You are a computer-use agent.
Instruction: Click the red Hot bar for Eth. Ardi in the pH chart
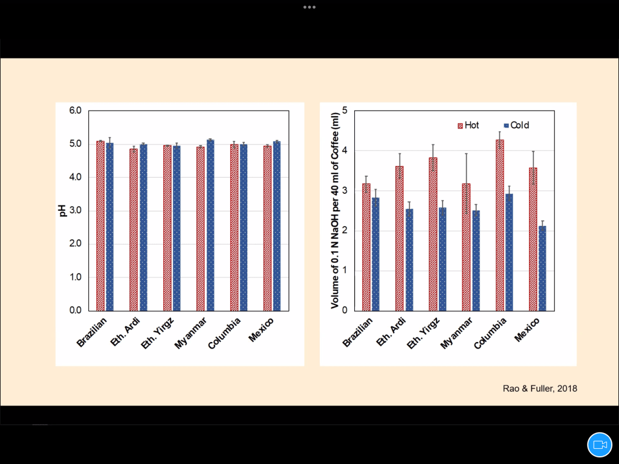(x=133, y=230)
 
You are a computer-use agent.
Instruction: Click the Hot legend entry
(x=468, y=125)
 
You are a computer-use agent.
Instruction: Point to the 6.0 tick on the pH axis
(x=75, y=111)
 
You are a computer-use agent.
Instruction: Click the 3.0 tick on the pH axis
(x=75, y=211)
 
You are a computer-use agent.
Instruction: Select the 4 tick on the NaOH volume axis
(x=344, y=150)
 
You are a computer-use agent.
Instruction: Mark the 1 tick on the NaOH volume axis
(x=344, y=271)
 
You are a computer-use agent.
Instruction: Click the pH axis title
(x=62, y=211)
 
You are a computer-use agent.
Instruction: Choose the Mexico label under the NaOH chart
(x=527, y=330)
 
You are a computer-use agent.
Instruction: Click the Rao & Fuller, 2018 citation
(x=540, y=388)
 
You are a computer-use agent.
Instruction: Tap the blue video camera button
(x=600, y=445)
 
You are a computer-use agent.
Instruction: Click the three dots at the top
(x=309, y=7)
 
